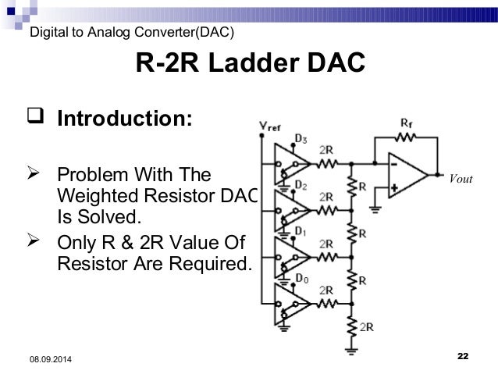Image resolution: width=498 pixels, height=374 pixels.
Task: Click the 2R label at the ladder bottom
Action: click(x=365, y=327)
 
